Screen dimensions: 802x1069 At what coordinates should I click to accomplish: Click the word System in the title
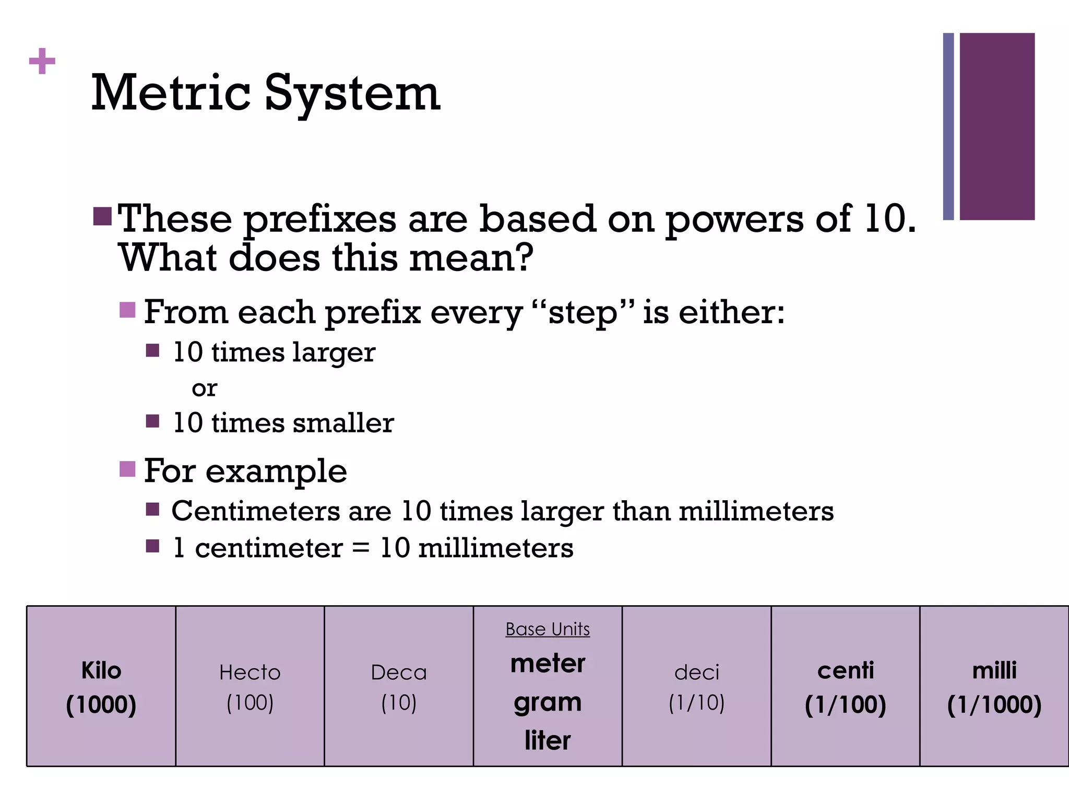tap(352, 94)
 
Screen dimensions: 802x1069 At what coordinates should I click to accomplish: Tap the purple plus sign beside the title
tap(42, 62)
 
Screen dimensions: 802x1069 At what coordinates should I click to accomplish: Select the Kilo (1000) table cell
tap(101, 687)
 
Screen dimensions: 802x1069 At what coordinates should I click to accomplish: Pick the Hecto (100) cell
tap(250, 687)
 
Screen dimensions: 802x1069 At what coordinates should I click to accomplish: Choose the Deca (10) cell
tap(399, 687)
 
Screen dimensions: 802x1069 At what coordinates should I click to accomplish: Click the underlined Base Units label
tap(548, 629)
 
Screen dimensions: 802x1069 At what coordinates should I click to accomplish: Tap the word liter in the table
tap(548, 740)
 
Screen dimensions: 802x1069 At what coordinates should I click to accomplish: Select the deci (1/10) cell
tap(697, 687)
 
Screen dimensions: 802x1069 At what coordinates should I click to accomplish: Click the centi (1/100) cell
tap(846, 687)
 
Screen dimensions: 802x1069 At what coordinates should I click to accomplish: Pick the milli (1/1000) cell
tap(994, 687)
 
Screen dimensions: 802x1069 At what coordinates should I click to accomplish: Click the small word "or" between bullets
tap(204, 388)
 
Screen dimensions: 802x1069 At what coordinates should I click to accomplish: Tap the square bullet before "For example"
tap(127, 468)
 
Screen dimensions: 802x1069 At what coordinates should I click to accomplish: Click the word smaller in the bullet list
tap(343, 423)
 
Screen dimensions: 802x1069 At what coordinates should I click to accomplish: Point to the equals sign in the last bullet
tap(361, 548)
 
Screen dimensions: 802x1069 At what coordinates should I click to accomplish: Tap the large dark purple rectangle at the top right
tap(997, 126)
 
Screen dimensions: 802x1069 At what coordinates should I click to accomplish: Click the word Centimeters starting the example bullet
tap(256, 511)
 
